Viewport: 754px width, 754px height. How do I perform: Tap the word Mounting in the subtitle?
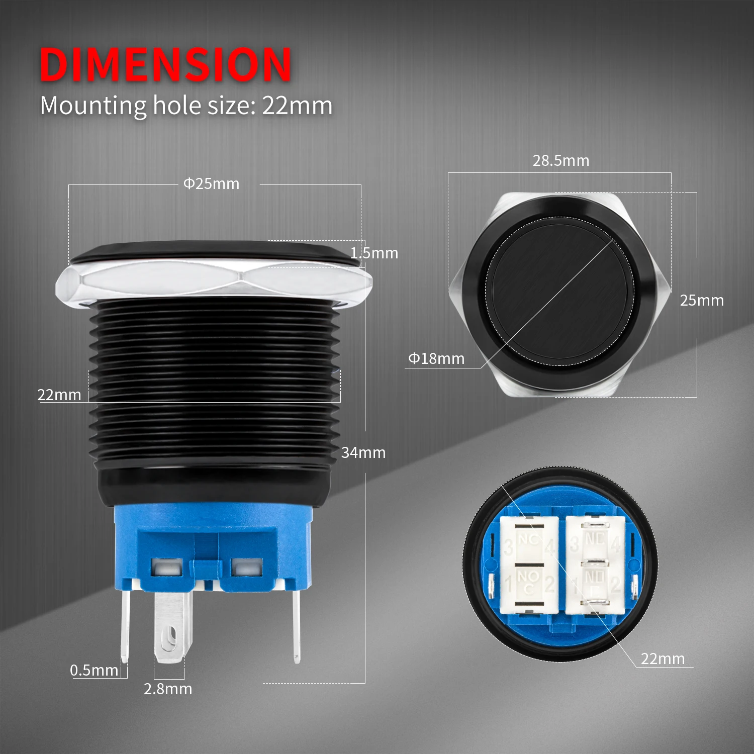[93, 106]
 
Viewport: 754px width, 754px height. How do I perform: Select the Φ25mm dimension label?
[211, 184]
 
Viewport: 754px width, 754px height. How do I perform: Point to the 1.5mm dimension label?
[374, 253]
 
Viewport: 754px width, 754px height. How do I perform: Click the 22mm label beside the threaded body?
[59, 395]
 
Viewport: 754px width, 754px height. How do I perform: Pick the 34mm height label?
[363, 453]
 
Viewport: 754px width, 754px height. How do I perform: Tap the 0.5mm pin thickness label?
[94, 670]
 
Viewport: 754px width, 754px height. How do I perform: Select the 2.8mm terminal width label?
[168, 689]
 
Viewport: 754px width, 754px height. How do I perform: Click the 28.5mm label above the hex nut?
[561, 161]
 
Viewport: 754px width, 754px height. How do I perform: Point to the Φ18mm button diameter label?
[436, 359]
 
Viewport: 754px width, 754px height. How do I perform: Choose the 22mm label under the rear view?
[663, 658]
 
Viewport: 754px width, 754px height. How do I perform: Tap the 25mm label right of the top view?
[702, 301]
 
